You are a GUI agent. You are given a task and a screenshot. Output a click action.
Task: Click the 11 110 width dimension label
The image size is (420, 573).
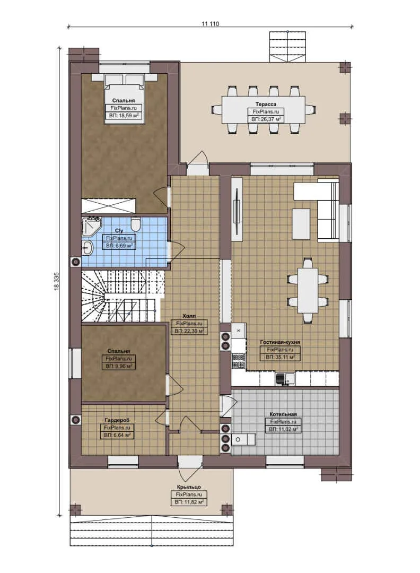tap(211, 24)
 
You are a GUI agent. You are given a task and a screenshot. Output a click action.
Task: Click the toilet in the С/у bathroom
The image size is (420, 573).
tap(135, 224)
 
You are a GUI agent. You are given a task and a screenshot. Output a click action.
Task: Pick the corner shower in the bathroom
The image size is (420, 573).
tap(92, 227)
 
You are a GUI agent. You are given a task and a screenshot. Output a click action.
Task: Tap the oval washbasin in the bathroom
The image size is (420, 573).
tap(87, 247)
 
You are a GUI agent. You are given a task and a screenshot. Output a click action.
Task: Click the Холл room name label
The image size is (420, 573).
tap(189, 316)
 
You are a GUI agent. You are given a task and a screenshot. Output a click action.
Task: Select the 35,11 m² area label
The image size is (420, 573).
tap(281, 357)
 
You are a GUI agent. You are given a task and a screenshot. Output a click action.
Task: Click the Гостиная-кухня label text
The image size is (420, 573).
tap(281, 343)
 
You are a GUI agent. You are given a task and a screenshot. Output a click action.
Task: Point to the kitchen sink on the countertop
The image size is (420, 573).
tap(287, 379)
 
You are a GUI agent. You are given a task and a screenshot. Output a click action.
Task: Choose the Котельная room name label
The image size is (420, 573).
tap(283, 414)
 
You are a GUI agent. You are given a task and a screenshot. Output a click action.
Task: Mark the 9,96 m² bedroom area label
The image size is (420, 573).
tap(119, 366)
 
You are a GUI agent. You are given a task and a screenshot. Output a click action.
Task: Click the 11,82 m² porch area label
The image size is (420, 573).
tap(189, 501)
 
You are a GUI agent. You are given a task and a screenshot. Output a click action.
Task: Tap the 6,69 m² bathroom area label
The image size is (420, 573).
tap(119, 246)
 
